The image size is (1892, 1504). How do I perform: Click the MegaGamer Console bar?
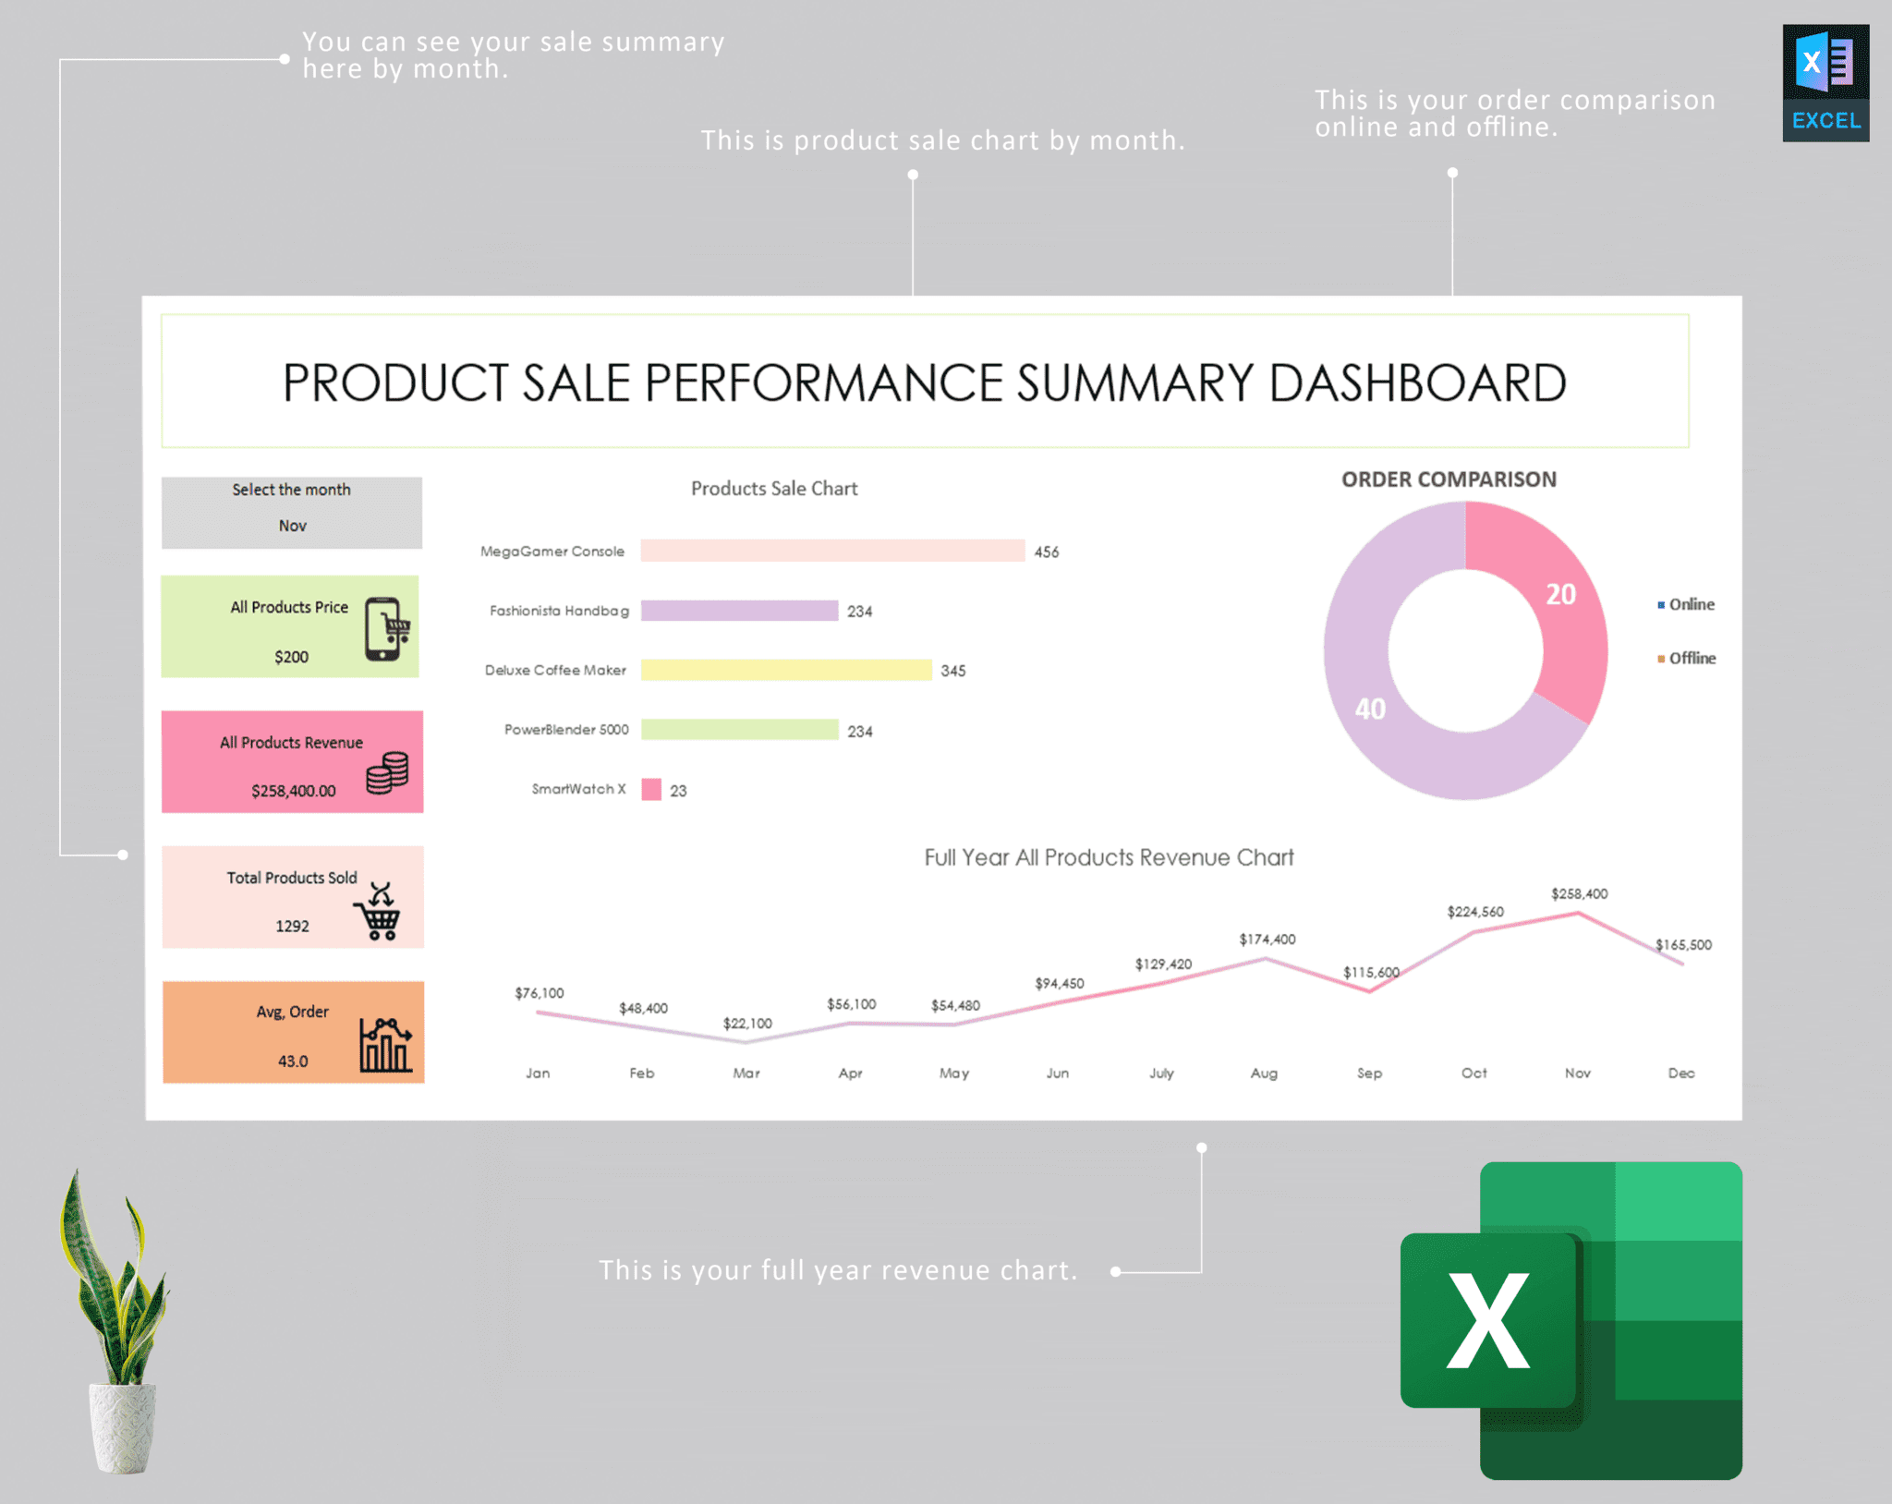click(831, 551)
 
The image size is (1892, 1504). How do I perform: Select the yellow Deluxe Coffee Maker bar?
click(785, 670)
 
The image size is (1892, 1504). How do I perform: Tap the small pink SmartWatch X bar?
click(651, 789)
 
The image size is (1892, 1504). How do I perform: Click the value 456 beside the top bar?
click(1046, 552)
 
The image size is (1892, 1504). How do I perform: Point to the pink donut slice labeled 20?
click(1552, 600)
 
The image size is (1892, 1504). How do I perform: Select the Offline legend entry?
click(1691, 658)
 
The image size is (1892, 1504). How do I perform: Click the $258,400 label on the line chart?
click(1579, 893)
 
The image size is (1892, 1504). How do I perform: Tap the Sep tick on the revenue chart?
click(1369, 1073)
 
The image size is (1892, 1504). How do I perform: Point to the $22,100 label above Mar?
click(746, 1023)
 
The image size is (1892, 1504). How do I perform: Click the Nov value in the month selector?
click(292, 526)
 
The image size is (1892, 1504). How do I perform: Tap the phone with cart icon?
click(386, 629)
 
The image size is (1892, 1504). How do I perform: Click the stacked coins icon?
click(387, 772)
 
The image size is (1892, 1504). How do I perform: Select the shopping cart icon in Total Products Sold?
click(378, 913)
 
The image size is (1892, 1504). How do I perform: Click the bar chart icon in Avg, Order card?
click(385, 1046)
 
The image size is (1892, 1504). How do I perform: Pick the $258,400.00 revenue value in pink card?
click(293, 791)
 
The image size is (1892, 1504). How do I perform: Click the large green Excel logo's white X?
click(1487, 1320)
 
